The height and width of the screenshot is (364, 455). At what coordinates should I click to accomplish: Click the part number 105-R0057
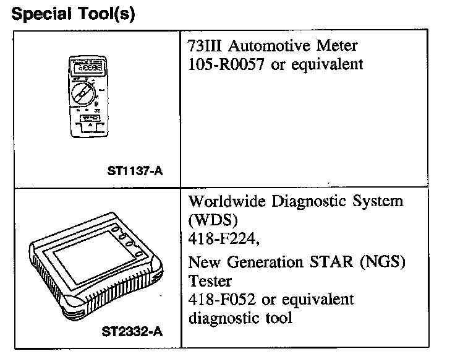(x=227, y=64)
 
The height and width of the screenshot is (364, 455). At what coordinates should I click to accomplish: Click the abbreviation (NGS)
(x=383, y=262)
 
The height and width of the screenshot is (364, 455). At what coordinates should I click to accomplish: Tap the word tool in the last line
(x=279, y=318)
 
